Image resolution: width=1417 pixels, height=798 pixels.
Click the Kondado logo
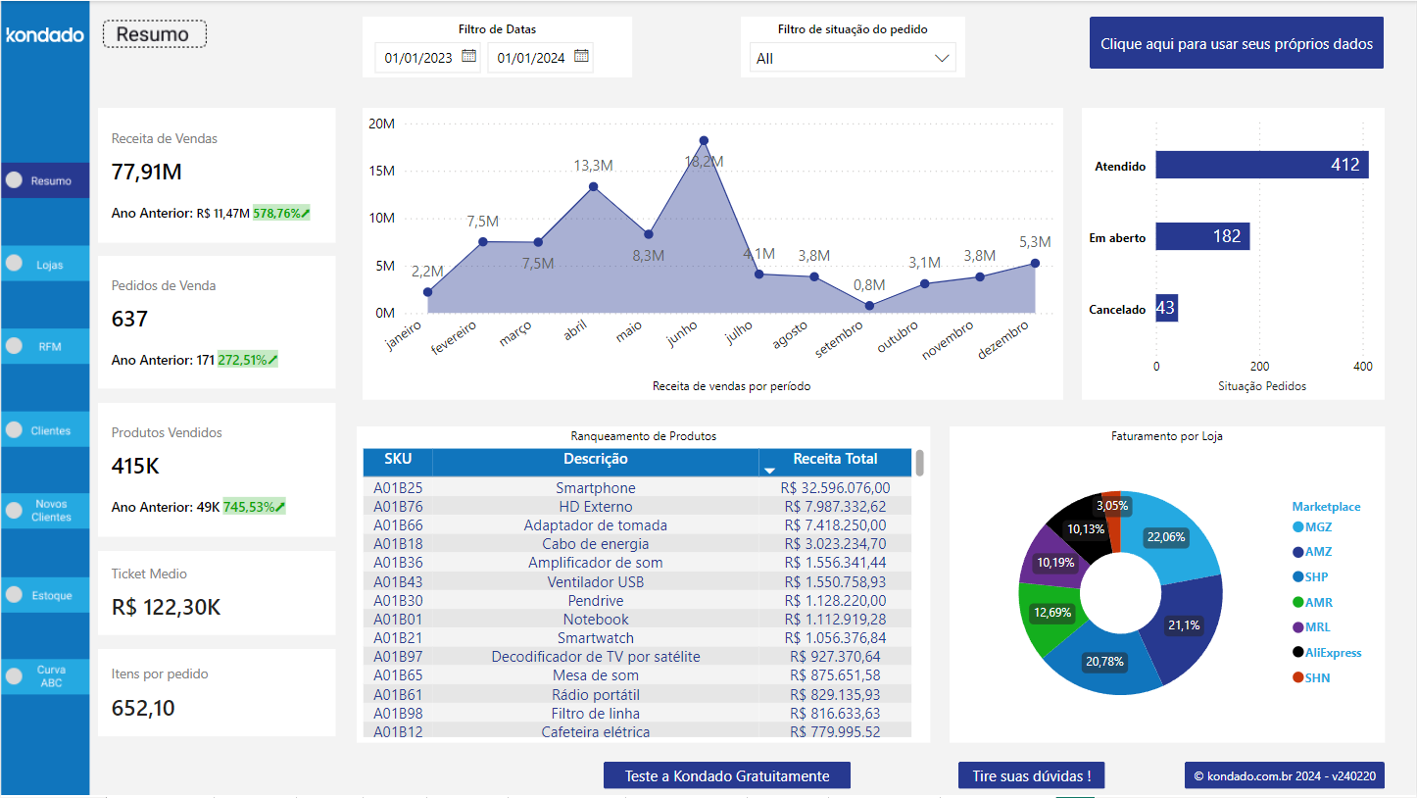point(45,35)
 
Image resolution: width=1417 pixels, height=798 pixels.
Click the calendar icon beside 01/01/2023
point(468,57)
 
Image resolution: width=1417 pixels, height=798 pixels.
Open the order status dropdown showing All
point(852,59)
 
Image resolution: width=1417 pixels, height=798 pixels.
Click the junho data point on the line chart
point(702,140)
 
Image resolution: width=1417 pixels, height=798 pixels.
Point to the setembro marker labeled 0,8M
point(869,306)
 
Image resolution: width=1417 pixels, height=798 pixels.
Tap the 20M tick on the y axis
point(381,124)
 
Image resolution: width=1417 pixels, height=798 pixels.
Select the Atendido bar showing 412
point(1261,165)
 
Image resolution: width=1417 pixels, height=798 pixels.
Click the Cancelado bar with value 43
point(1166,308)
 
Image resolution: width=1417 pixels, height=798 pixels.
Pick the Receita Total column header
point(835,460)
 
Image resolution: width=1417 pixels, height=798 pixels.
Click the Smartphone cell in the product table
point(596,488)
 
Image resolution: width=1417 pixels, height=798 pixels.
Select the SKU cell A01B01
point(398,620)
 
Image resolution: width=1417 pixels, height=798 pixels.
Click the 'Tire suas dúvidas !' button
point(1031,776)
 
